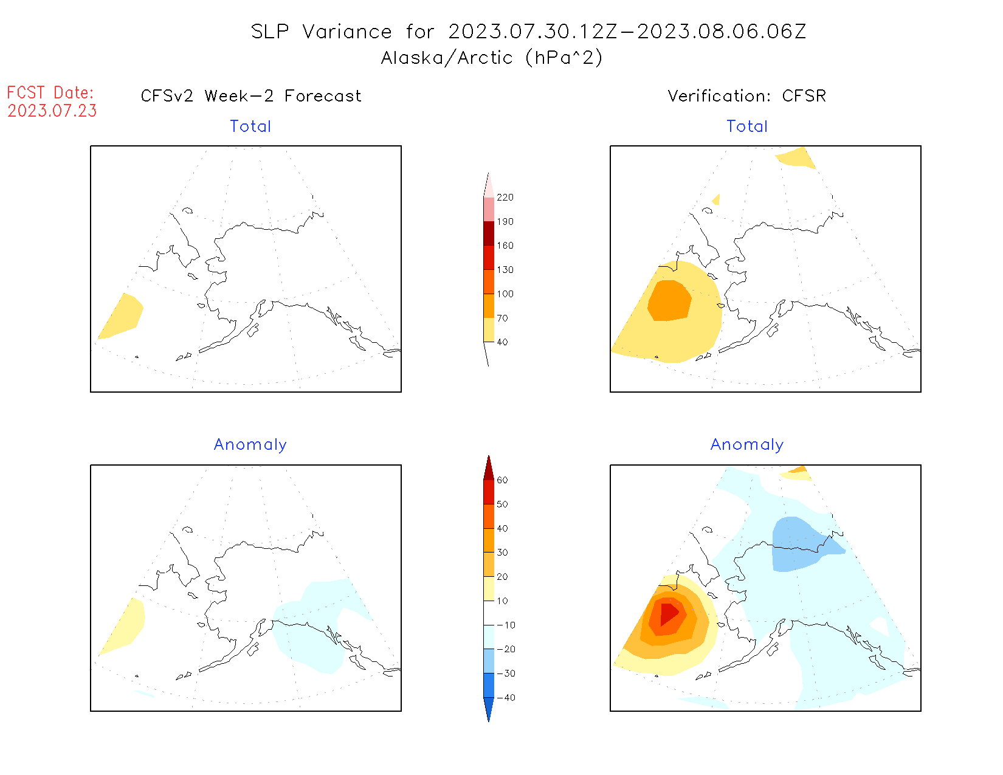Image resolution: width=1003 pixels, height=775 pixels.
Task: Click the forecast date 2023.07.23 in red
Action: tap(52, 111)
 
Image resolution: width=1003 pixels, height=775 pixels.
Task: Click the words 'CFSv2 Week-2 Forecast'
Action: tap(251, 96)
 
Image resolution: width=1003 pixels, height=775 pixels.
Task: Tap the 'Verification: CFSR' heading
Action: tap(746, 96)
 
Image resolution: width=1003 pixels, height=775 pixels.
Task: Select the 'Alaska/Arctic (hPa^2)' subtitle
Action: tap(492, 58)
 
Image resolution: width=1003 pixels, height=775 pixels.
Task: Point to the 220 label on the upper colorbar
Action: tap(505, 198)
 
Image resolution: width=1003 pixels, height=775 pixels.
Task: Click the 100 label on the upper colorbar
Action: tap(505, 294)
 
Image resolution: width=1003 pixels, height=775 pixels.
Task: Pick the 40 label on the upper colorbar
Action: tap(502, 342)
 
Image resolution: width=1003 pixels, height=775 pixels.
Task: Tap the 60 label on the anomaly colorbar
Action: tap(502, 480)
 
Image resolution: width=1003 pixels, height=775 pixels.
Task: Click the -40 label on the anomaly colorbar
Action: tap(506, 698)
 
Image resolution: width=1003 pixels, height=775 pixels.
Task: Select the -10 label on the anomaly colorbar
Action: tap(506, 625)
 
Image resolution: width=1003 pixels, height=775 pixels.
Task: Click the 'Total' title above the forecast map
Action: tap(250, 126)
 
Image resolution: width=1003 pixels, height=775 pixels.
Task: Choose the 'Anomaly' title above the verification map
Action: tap(747, 445)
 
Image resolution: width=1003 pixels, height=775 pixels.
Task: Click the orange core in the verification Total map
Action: tap(669, 300)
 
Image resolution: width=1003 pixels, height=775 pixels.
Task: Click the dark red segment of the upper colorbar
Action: tap(489, 233)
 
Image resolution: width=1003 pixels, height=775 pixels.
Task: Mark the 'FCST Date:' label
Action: tap(50, 92)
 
